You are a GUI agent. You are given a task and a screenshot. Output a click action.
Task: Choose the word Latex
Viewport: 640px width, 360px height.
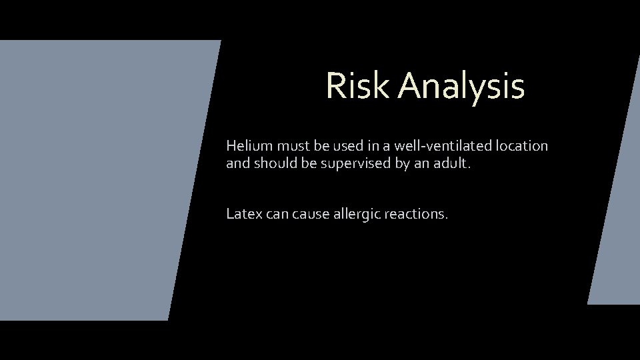244,214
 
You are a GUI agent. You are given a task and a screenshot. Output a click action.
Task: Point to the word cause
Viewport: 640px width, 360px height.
311,215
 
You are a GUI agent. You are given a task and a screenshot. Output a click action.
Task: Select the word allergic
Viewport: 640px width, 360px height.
355,215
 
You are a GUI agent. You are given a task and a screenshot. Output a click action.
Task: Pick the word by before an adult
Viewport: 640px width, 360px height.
402,164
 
